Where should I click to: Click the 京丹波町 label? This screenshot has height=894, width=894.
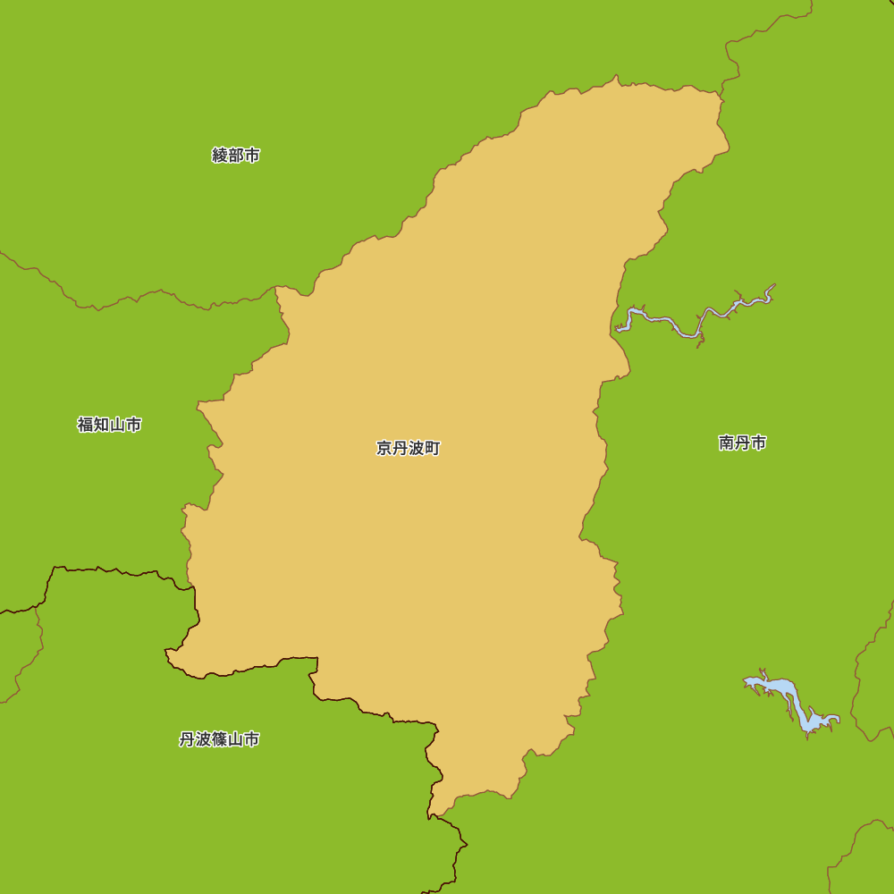[x=408, y=449]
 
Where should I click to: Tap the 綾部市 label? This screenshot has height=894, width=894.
[x=236, y=156]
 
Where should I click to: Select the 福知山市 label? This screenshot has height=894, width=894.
[x=109, y=425]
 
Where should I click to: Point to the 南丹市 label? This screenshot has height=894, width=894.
[x=742, y=443]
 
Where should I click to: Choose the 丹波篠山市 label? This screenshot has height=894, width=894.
[x=219, y=739]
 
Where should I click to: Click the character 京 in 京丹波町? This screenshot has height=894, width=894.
[x=384, y=449]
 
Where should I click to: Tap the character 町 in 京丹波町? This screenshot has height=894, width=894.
[x=432, y=449]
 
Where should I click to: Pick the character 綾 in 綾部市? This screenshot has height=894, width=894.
[x=220, y=156]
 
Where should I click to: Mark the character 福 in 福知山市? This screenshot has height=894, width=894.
[x=86, y=425]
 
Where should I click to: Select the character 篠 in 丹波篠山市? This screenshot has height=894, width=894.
[x=219, y=739]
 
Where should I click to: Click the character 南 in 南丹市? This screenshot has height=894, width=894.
[x=726, y=443]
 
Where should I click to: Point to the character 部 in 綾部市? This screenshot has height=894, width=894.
[x=236, y=156]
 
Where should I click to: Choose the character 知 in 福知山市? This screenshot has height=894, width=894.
[x=101, y=425]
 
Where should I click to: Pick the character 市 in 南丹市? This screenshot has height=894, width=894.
[x=758, y=443]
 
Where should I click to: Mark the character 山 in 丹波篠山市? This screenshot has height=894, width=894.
[x=236, y=739]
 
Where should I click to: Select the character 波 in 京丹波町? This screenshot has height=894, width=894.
[x=416, y=449]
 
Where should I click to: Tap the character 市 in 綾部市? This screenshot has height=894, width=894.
[x=252, y=156]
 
